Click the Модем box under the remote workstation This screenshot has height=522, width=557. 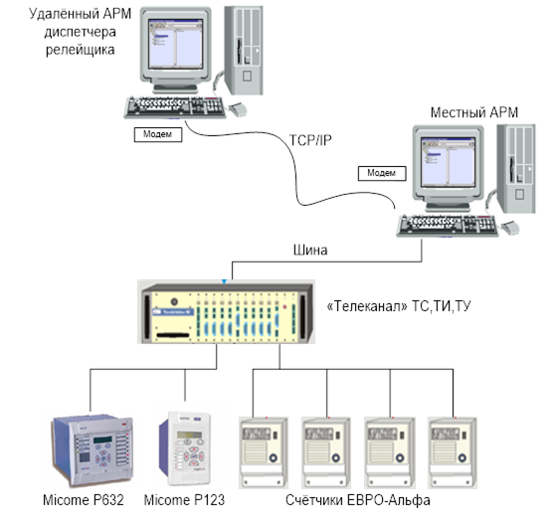pos(158,134)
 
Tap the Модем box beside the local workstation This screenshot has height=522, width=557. pos(382,173)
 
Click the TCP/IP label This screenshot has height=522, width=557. pos(310,140)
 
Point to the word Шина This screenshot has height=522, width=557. pos(310,251)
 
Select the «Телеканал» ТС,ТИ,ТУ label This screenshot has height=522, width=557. pos(399,306)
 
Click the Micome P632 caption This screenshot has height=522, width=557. pos(84,500)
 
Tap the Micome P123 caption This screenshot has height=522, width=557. pos(184,500)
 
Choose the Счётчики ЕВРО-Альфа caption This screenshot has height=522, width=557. pos(358,500)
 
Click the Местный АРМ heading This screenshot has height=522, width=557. pos(474,112)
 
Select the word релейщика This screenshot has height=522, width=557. pos(81,50)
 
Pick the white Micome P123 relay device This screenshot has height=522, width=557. pos(185,448)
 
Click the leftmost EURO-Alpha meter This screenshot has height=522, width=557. pos(264,452)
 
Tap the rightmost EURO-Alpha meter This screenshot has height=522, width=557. pos(453,452)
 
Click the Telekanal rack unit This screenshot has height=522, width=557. pos(227,312)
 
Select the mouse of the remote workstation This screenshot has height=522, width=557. pos(238,109)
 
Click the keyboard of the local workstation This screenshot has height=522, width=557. pos(448,226)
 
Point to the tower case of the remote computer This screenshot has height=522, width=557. pos(244,51)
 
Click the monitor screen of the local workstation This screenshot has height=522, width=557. pos(448,161)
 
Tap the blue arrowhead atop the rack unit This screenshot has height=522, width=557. pos(224,282)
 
